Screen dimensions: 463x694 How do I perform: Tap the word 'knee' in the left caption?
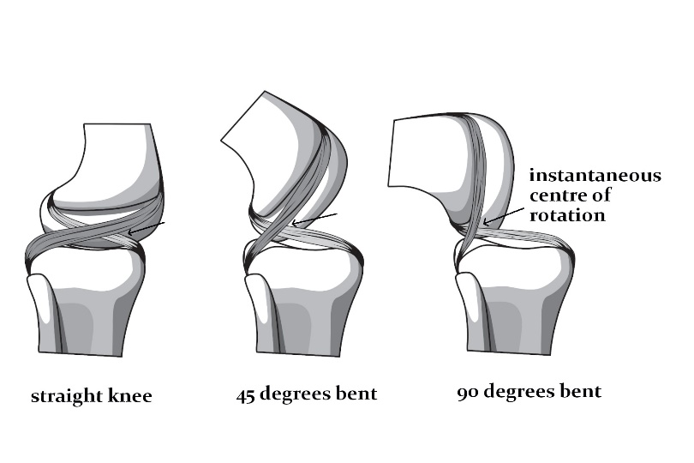coord(132,396)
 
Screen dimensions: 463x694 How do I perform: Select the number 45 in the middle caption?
coord(248,394)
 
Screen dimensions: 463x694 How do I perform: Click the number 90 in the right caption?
coord(468,392)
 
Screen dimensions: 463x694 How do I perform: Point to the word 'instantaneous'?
coord(595,176)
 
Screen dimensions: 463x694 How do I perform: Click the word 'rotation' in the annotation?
coord(566,215)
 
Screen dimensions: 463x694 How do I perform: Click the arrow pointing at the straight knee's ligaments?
coord(145,227)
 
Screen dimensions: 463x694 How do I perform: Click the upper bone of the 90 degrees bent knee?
coord(428,159)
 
